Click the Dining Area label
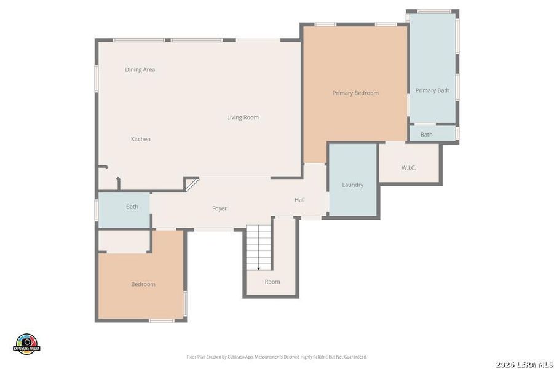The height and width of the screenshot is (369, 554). pyautogui.click(x=140, y=69)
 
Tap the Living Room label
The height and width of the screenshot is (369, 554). pyautogui.click(x=242, y=117)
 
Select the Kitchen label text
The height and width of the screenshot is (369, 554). pyautogui.click(x=140, y=139)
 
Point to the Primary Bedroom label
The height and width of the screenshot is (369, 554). pyautogui.click(x=355, y=93)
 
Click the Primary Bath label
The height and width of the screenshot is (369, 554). pyautogui.click(x=432, y=90)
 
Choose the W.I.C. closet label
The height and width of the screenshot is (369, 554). pyautogui.click(x=408, y=167)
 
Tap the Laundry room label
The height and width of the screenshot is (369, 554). pyautogui.click(x=352, y=184)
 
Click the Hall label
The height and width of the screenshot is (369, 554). pyautogui.click(x=299, y=200)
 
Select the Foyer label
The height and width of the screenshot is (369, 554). pyautogui.click(x=219, y=208)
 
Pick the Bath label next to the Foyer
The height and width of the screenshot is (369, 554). pyautogui.click(x=132, y=207)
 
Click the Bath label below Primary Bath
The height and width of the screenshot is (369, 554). pyautogui.click(x=426, y=134)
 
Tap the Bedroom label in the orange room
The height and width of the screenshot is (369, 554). pyautogui.click(x=143, y=284)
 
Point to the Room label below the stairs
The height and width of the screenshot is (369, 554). pyautogui.click(x=272, y=282)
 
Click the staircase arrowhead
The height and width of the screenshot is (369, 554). pyautogui.click(x=258, y=268)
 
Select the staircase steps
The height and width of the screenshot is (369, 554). pyautogui.click(x=259, y=246)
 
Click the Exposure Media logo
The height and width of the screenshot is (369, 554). pyautogui.click(x=26, y=344)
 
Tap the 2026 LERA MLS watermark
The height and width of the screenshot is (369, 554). pyautogui.click(x=523, y=365)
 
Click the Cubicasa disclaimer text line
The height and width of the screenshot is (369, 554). pyautogui.click(x=277, y=357)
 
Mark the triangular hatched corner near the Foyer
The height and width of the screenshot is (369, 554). pyautogui.click(x=191, y=184)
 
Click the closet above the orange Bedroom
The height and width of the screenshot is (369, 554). pyautogui.click(x=124, y=241)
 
